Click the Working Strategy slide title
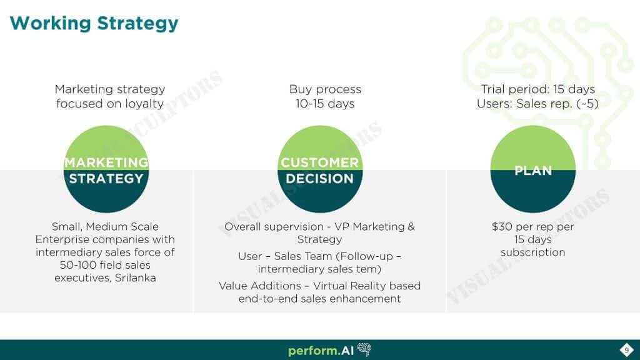[94, 23]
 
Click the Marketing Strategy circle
[106, 169]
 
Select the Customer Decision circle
[319, 169]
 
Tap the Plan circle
[532, 169]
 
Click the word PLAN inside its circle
[533, 171]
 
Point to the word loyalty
[144, 104]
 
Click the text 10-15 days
[325, 104]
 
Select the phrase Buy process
[325, 89]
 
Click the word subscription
[532, 252]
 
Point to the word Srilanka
[136, 278]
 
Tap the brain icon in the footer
[364, 349]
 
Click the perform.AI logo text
[321, 351]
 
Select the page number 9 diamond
[626, 350]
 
